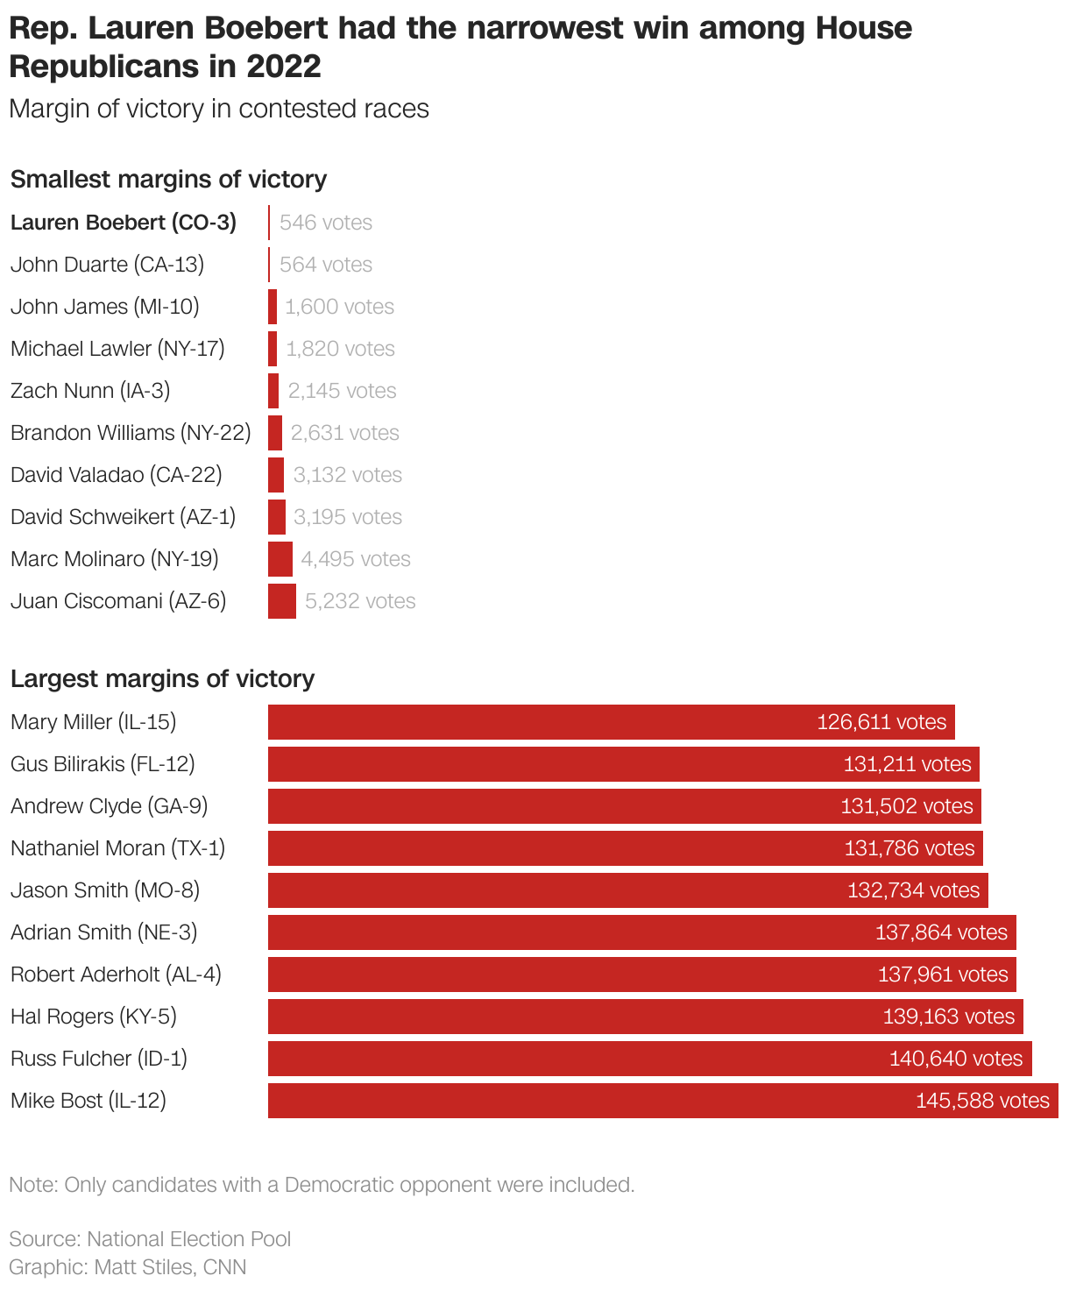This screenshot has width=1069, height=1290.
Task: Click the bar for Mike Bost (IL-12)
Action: click(x=662, y=1101)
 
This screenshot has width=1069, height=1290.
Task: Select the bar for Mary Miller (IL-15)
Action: click(x=611, y=722)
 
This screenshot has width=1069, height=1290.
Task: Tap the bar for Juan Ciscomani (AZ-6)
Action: click(x=282, y=601)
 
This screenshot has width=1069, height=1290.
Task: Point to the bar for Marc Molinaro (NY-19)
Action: click(x=280, y=559)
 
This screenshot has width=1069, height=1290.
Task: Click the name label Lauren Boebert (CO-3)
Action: click(x=124, y=223)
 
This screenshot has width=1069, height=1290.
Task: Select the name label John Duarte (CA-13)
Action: click(x=107, y=265)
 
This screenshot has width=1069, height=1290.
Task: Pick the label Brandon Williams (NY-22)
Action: click(x=131, y=433)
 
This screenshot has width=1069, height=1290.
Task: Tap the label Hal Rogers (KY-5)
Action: click(x=94, y=1017)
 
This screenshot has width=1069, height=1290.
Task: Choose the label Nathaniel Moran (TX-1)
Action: click(x=117, y=848)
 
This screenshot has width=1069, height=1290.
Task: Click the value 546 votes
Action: click(x=326, y=223)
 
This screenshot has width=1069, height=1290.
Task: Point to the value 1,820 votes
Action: click(x=340, y=349)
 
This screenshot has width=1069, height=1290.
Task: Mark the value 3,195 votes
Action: click(x=348, y=517)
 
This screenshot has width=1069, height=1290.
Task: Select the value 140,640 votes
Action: click(x=956, y=1059)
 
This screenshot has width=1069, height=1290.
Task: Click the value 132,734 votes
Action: click(x=913, y=890)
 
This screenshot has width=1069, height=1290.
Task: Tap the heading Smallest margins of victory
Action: click(x=168, y=180)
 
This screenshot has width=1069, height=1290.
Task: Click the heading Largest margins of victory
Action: click(x=162, y=679)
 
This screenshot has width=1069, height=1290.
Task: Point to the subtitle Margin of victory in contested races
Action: click(x=219, y=109)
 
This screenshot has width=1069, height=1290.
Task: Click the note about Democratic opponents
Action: click(x=322, y=1185)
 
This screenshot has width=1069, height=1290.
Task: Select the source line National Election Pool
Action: click(x=150, y=1239)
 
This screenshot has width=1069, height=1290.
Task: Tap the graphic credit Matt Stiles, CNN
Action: click(x=128, y=1267)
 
